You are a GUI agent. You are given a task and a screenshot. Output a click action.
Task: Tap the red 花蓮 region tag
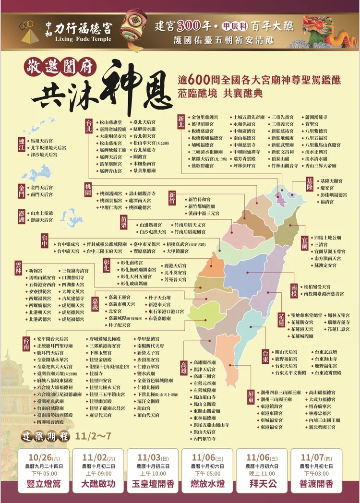click(x=281, y=319)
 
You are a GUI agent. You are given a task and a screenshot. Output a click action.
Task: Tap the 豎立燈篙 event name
click(x=44, y=483)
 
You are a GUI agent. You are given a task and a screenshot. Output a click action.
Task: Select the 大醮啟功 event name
click(x=98, y=483)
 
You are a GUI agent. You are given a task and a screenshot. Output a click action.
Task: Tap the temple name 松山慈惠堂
click(x=112, y=122)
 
